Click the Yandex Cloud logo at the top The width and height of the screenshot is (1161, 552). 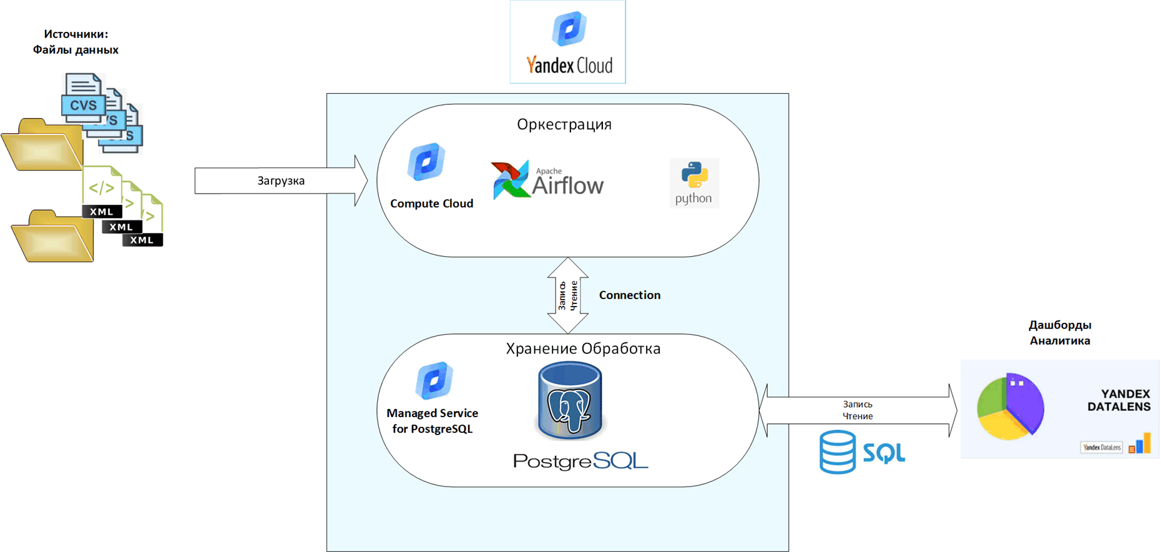568,42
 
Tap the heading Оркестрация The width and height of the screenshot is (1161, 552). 564,124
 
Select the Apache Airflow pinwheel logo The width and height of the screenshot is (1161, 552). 510,180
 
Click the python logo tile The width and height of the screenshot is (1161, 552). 694,183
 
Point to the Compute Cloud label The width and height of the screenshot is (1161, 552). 431,204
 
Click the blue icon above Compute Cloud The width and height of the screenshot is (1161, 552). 426,162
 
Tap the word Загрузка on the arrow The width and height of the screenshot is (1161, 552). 281,181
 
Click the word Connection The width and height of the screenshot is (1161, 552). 629,295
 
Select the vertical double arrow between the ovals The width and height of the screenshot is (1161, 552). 568,295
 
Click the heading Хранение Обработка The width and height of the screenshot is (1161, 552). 583,348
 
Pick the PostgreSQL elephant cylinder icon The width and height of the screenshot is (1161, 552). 570,402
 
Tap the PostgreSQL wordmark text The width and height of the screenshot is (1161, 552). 580,461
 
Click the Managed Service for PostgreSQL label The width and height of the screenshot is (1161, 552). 432,421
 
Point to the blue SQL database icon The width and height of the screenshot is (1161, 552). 838,451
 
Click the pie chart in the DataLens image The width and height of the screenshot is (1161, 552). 1009,407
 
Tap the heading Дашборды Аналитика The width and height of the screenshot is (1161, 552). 1060,333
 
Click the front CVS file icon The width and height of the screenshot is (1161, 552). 83,98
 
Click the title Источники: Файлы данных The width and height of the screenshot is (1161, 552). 76,42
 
